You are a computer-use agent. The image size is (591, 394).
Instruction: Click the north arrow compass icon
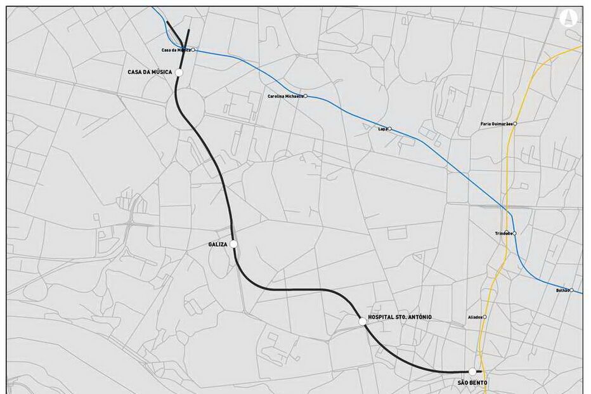coord(568,17)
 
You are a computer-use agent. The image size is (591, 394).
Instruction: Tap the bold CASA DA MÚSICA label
coord(150,72)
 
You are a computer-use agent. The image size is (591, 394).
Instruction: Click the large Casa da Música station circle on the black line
coord(179,72)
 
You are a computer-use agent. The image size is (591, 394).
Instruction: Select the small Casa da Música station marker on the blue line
coord(193,49)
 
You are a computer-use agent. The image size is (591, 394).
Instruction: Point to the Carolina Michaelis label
coord(285,96)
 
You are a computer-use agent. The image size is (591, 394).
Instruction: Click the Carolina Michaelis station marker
coord(306,96)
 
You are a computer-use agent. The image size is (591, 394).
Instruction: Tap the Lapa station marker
coord(389,129)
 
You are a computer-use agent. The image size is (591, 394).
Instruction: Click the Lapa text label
coord(382,129)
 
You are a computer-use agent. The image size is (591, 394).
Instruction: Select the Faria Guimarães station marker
coord(515,124)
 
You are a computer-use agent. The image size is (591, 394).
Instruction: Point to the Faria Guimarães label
coord(497,124)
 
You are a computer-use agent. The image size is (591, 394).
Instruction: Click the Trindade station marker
coord(514,233)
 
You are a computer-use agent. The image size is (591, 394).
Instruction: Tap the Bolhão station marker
coord(571,291)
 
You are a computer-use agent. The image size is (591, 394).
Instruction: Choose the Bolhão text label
coord(562,291)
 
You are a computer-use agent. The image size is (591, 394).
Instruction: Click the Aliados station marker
coord(484,317)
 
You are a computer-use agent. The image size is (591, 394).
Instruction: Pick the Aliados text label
coord(474,317)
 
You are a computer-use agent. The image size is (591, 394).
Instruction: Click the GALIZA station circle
coord(234,244)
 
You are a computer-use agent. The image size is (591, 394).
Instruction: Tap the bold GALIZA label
coord(218,244)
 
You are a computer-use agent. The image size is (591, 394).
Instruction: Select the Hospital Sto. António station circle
coord(362,322)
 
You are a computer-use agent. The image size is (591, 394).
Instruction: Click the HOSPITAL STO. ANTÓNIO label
coord(399,317)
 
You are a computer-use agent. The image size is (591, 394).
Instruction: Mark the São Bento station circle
coord(472,372)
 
